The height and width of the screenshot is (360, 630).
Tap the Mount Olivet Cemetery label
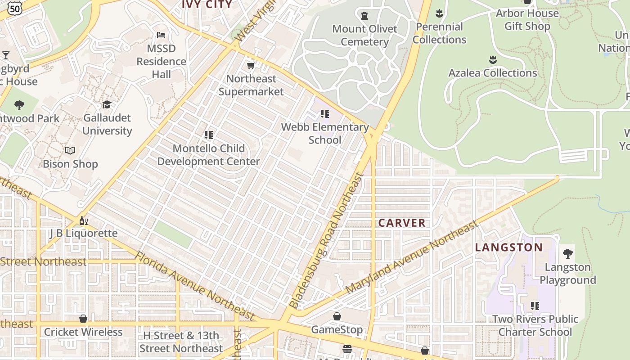click(364, 35)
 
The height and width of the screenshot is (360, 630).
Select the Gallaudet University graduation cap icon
click(107, 104)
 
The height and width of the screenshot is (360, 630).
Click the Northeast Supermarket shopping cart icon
click(251, 66)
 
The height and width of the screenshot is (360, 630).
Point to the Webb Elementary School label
click(325, 133)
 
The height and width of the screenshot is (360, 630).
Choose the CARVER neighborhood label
click(402, 223)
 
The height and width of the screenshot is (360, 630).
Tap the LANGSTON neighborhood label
click(509, 247)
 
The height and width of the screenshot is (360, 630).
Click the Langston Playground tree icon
click(568, 253)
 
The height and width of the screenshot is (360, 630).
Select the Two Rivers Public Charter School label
click(535, 325)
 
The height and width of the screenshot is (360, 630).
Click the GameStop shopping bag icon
click(337, 316)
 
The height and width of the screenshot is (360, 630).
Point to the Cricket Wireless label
click(83, 332)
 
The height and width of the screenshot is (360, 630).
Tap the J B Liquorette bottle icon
click(83, 220)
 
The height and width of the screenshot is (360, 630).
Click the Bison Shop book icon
click(70, 150)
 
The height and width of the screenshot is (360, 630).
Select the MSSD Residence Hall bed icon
click(161, 35)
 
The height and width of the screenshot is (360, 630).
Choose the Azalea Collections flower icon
click(493, 59)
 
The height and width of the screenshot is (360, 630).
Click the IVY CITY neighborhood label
click(207, 4)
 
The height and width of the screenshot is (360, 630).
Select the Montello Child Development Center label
click(208, 155)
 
